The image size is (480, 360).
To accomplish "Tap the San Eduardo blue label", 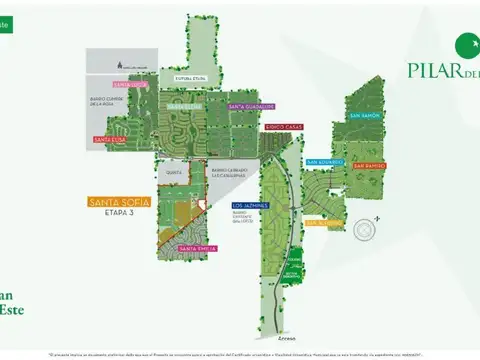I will tap(324, 161).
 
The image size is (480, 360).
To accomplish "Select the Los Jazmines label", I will tap(249, 204).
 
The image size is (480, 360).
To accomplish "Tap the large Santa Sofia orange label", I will tap(119, 202).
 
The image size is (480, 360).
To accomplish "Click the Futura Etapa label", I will tap(191, 75).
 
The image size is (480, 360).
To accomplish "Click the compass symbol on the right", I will tap(366, 229).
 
